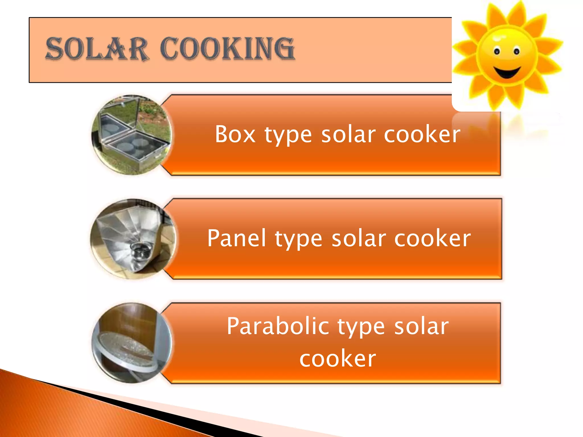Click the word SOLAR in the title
(x=97, y=49)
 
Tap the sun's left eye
(x=497, y=52)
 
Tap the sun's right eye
(x=517, y=52)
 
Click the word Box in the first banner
(x=235, y=134)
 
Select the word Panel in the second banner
(x=236, y=238)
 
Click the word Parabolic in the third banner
(x=278, y=326)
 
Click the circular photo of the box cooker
(x=132, y=135)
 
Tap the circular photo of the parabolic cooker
(x=132, y=343)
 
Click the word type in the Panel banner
(x=298, y=239)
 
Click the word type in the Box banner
(x=288, y=135)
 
